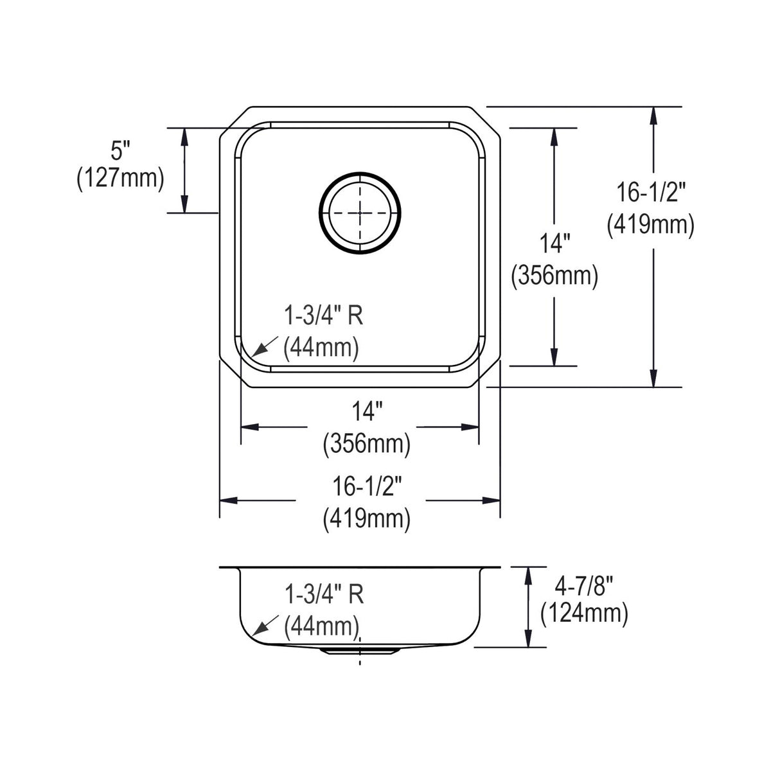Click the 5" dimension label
click(120, 151)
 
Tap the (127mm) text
click(120, 179)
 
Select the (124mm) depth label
click(584, 614)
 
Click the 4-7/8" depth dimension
click(584, 587)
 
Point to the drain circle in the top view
click(360, 213)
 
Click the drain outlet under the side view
click(360, 651)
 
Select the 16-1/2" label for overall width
click(367, 487)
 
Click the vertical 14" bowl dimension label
click(554, 244)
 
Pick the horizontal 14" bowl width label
click(366, 411)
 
